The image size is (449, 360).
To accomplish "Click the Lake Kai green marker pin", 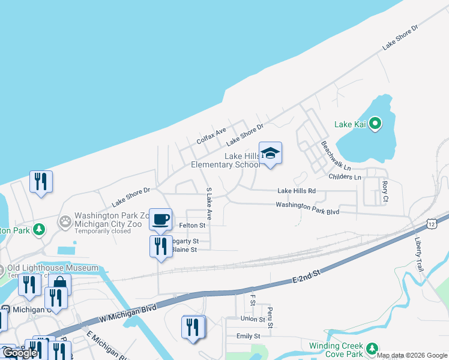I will pyautogui.click(x=375, y=124).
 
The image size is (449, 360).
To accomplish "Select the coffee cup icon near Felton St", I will pyautogui.click(x=160, y=218).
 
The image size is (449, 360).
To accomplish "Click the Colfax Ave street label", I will pyautogui.click(x=211, y=136).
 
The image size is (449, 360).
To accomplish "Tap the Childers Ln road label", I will pyautogui.click(x=345, y=177).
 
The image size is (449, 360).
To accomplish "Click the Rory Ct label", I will pyautogui.click(x=385, y=191).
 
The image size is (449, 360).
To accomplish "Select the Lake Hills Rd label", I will pyautogui.click(x=297, y=191).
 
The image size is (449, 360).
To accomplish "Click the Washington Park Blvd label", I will pyautogui.click(x=307, y=208).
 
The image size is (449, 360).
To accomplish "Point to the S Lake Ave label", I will pyautogui.click(x=209, y=203).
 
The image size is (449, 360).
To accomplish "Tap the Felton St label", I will pyautogui.click(x=192, y=226).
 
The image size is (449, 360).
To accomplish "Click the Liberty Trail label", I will pyautogui.click(x=418, y=251).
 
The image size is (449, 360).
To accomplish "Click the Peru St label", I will pyautogui.click(x=271, y=317).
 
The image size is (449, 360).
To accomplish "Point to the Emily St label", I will pyautogui.click(x=248, y=336).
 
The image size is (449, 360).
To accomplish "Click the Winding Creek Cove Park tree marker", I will pyautogui.click(x=372, y=348).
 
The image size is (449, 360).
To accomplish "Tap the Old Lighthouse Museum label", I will pyautogui.click(x=53, y=268).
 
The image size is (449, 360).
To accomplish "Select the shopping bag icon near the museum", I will pyautogui.click(x=59, y=283).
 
